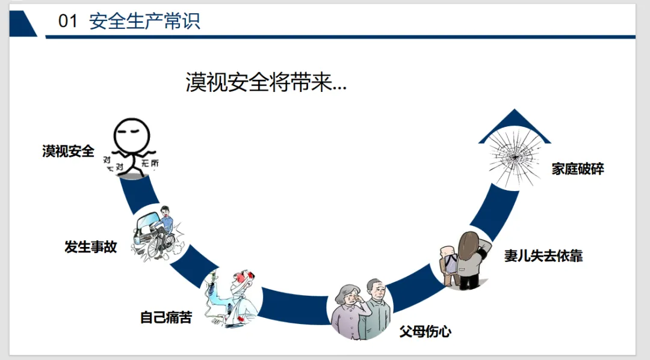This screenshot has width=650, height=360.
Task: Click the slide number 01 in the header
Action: pos(68,22)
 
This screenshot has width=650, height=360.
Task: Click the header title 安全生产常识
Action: pos(144,22)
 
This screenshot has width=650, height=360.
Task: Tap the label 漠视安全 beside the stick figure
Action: pos(68,151)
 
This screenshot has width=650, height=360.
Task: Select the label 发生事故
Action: pos(91,246)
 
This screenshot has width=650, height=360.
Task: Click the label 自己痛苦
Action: pos(166,317)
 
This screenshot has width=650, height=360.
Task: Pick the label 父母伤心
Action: pos(426,331)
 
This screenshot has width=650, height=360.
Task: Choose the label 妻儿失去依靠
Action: pos(543,256)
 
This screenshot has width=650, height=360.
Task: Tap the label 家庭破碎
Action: pos(578,169)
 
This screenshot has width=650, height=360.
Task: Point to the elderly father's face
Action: pos(376,291)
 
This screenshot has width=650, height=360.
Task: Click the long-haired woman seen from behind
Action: pos(469,258)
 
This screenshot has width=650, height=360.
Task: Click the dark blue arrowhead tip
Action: pos(515,112)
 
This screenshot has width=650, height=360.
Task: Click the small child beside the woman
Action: pos(447,264)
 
